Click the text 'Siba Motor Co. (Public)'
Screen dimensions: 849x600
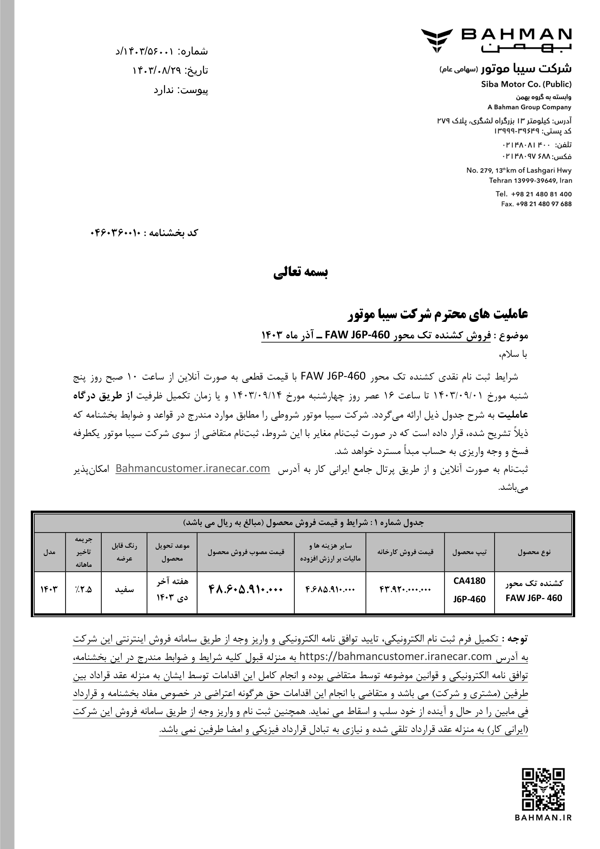pyautogui.click(x=526, y=84)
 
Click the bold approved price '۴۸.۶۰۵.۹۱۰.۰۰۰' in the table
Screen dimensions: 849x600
pyautogui.click(x=246, y=589)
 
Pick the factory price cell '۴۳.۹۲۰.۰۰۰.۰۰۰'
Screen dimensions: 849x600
pyautogui.click(x=405, y=590)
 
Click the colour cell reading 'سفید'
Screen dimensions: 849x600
pyautogui.click(x=124, y=590)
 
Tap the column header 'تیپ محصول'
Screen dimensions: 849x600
pyautogui.click(x=469, y=552)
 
